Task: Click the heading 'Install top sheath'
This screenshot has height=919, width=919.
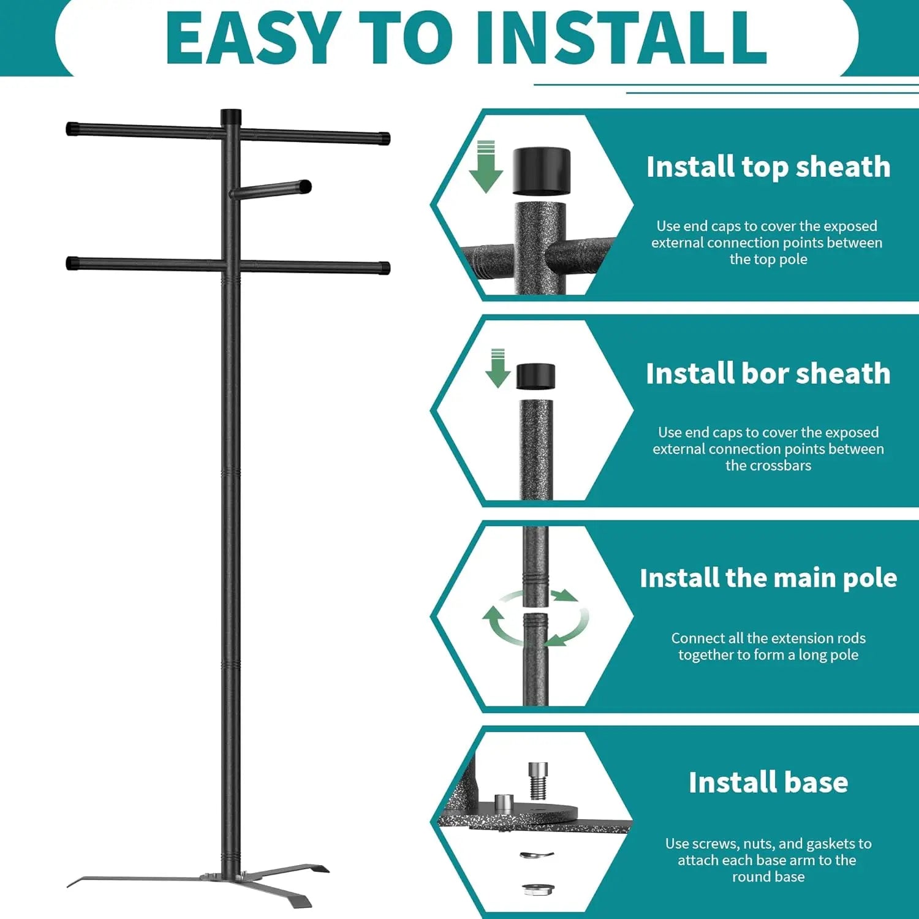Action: click(x=768, y=167)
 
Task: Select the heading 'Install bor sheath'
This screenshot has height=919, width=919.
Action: click(x=768, y=373)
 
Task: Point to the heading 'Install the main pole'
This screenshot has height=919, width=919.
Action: click(x=768, y=578)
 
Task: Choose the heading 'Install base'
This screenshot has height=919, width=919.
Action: click(x=768, y=782)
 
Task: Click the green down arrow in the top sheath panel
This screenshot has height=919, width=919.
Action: click(x=486, y=167)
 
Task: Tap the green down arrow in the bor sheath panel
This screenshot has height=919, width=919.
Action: click(x=497, y=368)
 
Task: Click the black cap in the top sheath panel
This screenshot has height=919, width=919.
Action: click(x=541, y=171)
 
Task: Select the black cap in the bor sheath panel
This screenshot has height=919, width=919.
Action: click(x=535, y=376)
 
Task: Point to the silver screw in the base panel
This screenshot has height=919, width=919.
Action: click(x=538, y=781)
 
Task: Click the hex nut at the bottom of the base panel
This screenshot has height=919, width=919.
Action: click(x=536, y=888)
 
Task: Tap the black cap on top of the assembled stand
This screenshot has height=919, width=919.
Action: click(x=231, y=117)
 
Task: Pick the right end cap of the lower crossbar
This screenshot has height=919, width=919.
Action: click(x=384, y=268)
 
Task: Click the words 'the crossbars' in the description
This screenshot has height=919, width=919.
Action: click(x=768, y=466)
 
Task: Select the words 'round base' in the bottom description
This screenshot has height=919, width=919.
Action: click(x=768, y=877)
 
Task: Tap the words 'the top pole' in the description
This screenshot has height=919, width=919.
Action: click(x=768, y=259)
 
